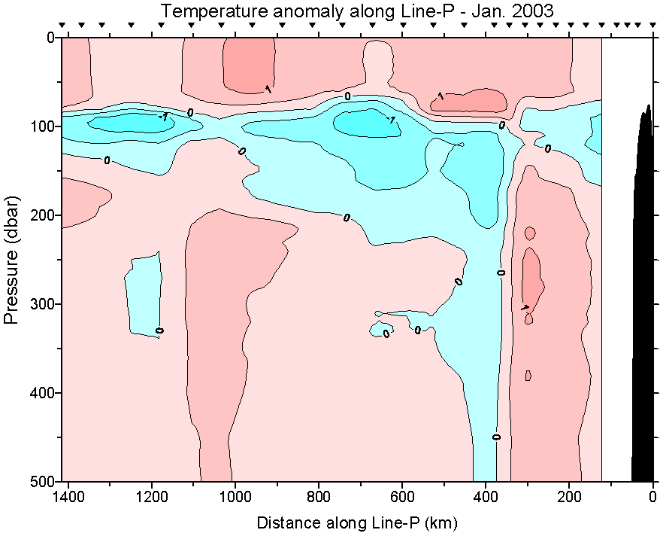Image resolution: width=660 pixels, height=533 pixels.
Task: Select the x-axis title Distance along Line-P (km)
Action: (x=357, y=522)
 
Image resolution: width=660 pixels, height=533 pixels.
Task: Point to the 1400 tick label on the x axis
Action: (x=68, y=496)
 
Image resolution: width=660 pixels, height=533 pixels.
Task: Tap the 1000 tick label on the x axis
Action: (x=235, y=496)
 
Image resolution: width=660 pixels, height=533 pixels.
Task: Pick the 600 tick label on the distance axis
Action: (x=403, y=496)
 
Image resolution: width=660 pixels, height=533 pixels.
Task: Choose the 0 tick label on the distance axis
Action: (x=653, y=496)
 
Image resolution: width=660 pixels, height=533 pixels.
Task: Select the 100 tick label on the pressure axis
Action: (x=44, y=126)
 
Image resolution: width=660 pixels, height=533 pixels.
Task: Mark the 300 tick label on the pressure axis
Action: (x=44, y=304)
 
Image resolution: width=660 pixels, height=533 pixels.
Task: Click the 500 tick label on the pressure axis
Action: (x=44, y=481)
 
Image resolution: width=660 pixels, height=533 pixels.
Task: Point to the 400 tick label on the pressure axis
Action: (x=44, y=393)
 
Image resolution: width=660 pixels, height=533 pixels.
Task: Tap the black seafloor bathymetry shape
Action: (x=643, y=301)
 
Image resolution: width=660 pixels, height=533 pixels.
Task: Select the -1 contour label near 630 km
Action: (x=390, y=119)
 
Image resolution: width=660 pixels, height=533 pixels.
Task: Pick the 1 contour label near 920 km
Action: (x=268, y=89)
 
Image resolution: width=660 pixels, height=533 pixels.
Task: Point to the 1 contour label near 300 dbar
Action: (x=525, y=307)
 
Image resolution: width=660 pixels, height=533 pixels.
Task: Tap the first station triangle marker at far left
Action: (x=62, y=26)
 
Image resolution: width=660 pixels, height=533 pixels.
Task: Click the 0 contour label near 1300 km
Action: (x=107, y=160)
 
